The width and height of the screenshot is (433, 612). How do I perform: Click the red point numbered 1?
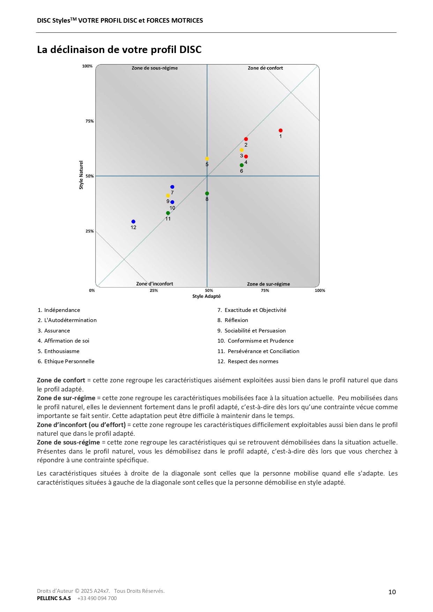281,130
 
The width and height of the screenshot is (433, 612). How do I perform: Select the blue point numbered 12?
133,222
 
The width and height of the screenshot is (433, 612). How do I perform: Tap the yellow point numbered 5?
207,159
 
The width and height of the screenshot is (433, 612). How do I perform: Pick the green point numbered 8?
207,193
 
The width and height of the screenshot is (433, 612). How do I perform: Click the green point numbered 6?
241,165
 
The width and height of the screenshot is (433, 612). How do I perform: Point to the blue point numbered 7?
172,187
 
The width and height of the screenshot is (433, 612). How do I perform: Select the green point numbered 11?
168,213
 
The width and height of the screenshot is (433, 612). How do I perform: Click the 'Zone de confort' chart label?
265,68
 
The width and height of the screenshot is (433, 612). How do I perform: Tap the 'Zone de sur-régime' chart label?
268,284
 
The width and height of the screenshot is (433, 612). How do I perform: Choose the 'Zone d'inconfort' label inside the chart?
155,284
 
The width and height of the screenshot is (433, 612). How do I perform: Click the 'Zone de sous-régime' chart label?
155,68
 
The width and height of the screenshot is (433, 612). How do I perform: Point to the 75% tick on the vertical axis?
90,121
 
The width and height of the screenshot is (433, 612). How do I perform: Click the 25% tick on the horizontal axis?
154,290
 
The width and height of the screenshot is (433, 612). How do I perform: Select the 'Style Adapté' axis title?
207,296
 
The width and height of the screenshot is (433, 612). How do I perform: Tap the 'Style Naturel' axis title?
81,175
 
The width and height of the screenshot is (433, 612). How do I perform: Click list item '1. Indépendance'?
59,310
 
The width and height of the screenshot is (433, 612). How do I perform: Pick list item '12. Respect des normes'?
248,361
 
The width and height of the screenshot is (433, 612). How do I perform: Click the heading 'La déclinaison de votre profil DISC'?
119,50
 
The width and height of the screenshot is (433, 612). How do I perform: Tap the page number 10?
392,592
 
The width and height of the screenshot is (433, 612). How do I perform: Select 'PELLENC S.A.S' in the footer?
54,598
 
